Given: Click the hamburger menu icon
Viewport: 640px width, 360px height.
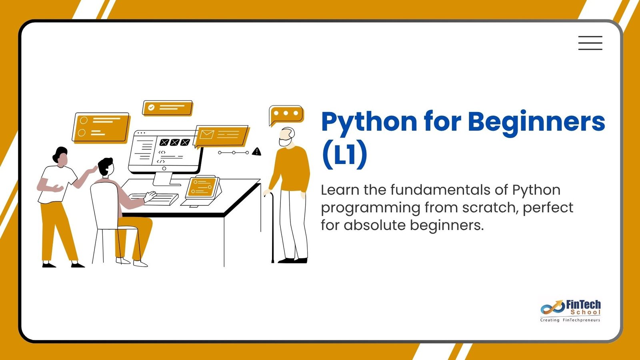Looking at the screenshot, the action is [590, 43].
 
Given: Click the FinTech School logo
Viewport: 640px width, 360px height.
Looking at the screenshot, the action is [570, 311].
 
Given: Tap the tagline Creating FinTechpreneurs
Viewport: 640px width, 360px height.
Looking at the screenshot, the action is [570, 320].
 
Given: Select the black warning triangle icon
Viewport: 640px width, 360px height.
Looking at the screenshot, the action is [256, 152].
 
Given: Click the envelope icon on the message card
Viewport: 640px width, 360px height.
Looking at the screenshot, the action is [206, 134].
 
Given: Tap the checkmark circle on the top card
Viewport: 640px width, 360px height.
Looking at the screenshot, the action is [151, 108].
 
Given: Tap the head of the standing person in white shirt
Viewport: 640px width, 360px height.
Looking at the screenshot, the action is [60, 156].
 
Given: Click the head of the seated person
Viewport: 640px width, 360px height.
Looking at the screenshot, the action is [106, 167].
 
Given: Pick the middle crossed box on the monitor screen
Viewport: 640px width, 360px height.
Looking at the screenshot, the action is [174, 142].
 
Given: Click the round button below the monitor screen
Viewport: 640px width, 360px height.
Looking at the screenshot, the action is [164, 168].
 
